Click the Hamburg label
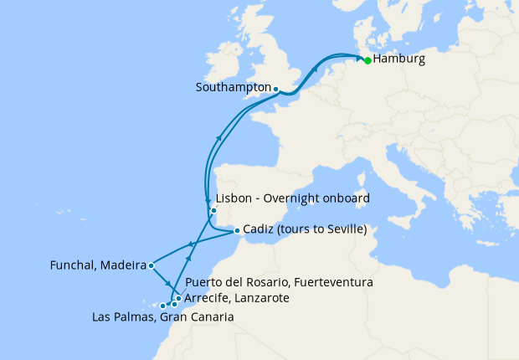click(399, 59)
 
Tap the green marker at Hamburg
click(367, 60)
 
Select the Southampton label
click(233, 87)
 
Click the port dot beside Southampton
click(275, 88)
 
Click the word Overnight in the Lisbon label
click(297, 198)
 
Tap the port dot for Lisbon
click(213, 210)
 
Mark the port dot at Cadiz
click(237, 230)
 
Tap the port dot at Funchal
click(151, 266)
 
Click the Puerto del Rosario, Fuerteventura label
click(279, 283)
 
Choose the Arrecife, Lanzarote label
click(237, 298)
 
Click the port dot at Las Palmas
click(163, 306)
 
